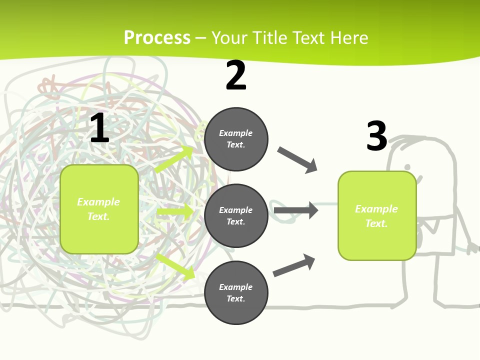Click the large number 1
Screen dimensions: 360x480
[x=99, y=128]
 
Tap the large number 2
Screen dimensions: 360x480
[x=236, y=76]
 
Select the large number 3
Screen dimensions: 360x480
[x=376, y=136]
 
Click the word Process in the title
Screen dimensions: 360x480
[x=157, y=37]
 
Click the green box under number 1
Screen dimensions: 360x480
[x=99, y=209]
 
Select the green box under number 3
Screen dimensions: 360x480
[x=377, y=216]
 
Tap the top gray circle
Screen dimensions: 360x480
[x=236, y=139]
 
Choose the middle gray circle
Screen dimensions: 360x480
[x=236, y=215]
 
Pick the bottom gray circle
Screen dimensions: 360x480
[x=236, y=292]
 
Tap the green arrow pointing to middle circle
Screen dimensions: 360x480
[x=175, y=212]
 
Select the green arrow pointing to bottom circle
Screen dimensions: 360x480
[x=175, y=266]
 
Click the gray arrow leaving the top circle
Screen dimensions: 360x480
[x=297, y=159]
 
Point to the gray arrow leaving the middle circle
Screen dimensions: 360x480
[x=295, y=210]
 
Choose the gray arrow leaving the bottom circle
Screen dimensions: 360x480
[x=294, y=265]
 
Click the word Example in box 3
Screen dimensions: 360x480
[x=376, y=209]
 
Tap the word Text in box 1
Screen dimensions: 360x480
[x=98, y=216]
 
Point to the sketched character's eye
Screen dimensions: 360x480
[x=407, y=166]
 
